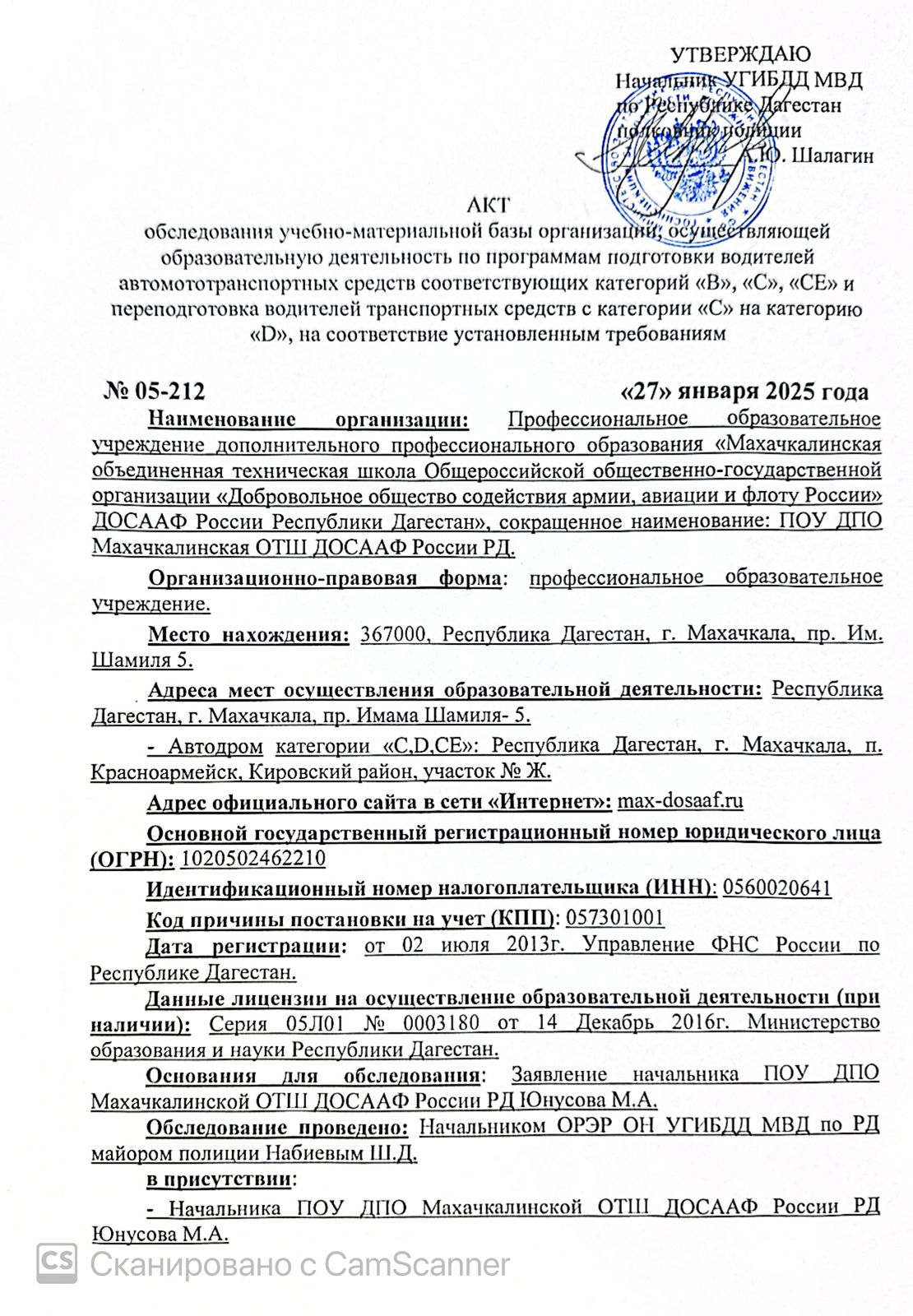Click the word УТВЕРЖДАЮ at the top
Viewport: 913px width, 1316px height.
(740, 55)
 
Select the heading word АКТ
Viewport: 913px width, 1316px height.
(488, 205)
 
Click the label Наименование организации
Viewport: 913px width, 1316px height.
(308, 419)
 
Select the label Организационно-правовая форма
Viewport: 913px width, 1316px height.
(324, 577)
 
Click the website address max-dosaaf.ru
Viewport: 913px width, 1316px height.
(680, 801)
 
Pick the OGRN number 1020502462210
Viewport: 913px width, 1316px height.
(253, 859)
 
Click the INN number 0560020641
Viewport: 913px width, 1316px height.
(776, 888)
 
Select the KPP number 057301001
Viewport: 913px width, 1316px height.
(614, 918)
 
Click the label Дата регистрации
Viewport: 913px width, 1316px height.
(243, 946)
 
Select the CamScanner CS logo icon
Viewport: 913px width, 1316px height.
(57, 1262)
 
